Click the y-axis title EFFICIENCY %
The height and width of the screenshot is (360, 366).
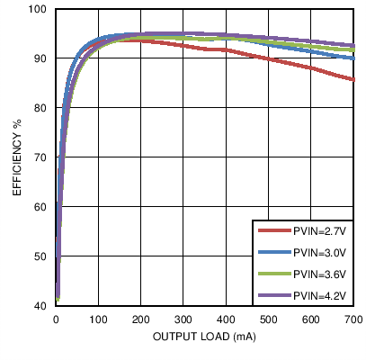point(16,157)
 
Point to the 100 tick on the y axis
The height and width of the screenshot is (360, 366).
point(38,9)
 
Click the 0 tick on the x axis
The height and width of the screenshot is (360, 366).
point(56,319)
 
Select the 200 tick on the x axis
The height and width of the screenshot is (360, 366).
point(140,319)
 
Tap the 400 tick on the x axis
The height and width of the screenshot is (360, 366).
point(226,319)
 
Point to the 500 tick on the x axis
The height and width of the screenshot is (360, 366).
point(268,319)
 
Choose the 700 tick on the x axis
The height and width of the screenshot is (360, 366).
point(353,319)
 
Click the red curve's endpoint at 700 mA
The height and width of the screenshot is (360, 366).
point(353,79)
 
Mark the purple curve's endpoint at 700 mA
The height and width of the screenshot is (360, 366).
point(353,46)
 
